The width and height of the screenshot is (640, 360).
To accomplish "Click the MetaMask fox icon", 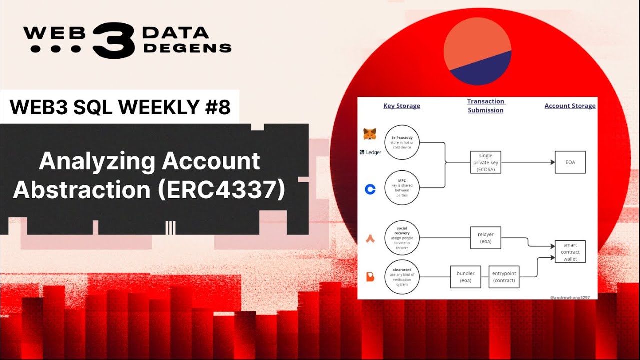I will click(x=370, y=134).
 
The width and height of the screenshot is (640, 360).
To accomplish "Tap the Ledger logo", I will click(x=370, y=152).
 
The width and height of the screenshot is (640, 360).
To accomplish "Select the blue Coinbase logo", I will click(x=370, y=189).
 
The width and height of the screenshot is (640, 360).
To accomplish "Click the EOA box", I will click(x=570, y=162).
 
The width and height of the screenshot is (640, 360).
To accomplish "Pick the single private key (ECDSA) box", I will click(x=486, y=162).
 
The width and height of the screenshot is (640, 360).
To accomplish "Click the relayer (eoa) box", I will click(x=486, y=238).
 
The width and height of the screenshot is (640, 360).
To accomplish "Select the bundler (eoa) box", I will click(x=465, y=277).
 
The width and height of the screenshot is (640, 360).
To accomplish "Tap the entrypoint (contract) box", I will click(x=504, y=277).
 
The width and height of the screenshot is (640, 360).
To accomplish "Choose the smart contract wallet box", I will click(x=570, y=252).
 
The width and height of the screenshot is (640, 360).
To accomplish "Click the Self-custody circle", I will click(x=402, y=142).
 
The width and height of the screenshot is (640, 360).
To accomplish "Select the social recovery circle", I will click(x=402, y=238).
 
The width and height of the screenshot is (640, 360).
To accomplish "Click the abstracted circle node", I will click(x=402, y=276).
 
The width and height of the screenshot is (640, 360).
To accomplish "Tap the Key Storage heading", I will click(x=401, y=106).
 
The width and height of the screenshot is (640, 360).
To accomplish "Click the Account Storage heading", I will click(x=570, y=106).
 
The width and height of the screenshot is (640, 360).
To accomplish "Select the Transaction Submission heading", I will click(x=486, y=106).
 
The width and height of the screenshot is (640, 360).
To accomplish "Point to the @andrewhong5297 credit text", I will click(x=570, y=297).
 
